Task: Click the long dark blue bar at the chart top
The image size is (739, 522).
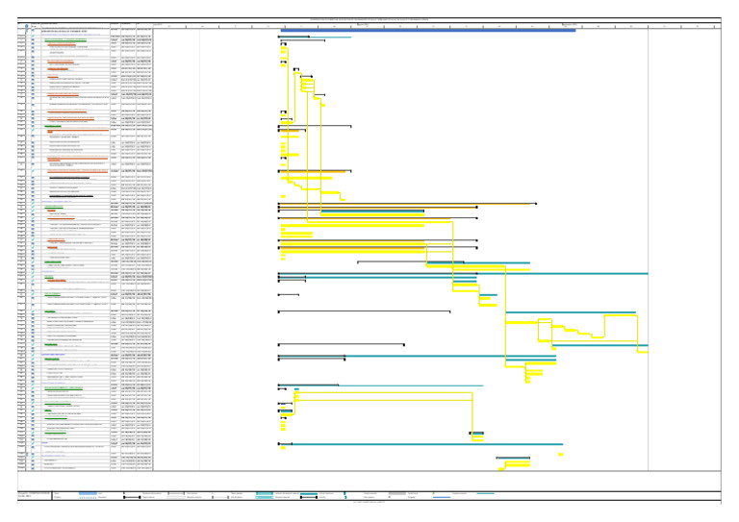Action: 428,30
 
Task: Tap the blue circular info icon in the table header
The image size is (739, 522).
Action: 34,26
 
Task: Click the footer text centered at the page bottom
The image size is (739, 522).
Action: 369,502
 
